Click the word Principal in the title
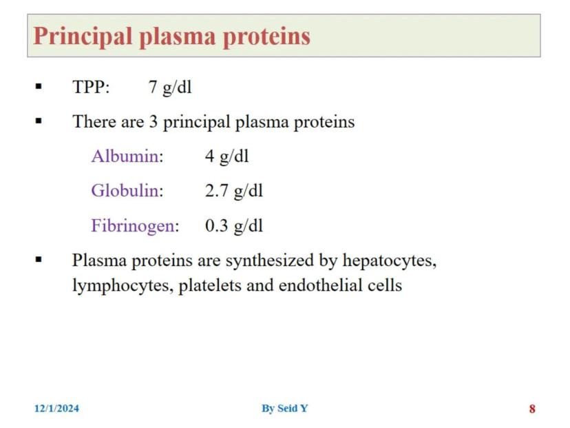pyautogui.click(x=82, y=37)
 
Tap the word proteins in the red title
pyautogui.click(x=266, y=37)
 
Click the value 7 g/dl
pyautogui.click(x=170, y=88)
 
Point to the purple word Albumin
pyautogui.click(x=125, y=156)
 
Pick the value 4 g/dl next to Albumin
pyautogui.click(x=227, y=156)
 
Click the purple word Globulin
pyautogui.click(x=125, y=190)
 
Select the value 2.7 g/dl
pyautogui.click(x=234, y=191)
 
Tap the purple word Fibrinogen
pyautogui.click(x=133, y=225)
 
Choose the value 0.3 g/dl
pyautogui.click(x=234, y=225)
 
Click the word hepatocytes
pyautogui.click(x=390, y=261)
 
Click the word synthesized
pyautogui.click(x=269, y=261)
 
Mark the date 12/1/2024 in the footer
pyautogui.click(x=56, y=408)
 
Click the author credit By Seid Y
pyautogui.click(x=284, y=408)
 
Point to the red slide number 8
pyautogui.click(x=532, y=409)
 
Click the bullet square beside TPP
pyautogui.click(x=39, y=87)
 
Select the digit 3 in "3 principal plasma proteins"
pyautogui.click(x=154, y=121)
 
